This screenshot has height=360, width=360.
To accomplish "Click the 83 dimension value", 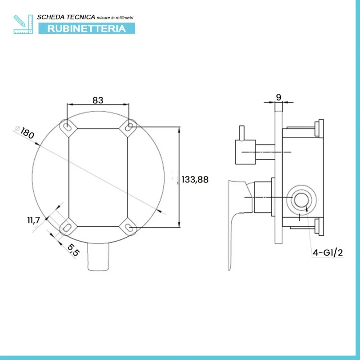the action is point(98,100).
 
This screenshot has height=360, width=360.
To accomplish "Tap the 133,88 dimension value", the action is point(195,180).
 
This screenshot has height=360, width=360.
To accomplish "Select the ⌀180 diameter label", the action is point(25,132).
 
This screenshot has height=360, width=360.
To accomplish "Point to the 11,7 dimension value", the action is point(33,220).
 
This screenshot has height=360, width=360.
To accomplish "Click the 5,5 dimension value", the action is point(73,250).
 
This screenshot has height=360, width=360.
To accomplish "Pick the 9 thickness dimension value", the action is point(279,97).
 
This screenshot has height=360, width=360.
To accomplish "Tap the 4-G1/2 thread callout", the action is point(328,253).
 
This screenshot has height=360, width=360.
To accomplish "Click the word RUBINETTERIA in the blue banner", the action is point(86,28).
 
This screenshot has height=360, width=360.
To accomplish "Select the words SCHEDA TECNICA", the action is point(66,17).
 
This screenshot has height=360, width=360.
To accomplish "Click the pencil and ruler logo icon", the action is point(23,24).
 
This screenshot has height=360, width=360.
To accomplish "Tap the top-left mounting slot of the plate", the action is point(67,126).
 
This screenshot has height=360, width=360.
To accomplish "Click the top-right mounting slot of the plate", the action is point(129,126).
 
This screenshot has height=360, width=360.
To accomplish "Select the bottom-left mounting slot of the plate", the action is point(67,228).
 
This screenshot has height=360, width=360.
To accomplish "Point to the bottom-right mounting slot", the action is point(129,227).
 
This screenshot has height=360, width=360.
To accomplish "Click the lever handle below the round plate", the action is point(98,256).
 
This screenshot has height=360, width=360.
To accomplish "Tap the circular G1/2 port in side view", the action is point(301,199).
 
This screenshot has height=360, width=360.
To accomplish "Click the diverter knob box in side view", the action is point(246,152).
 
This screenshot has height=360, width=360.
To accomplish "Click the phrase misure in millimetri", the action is point(115,18).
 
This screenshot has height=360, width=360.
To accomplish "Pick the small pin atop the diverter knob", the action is point(242,133).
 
